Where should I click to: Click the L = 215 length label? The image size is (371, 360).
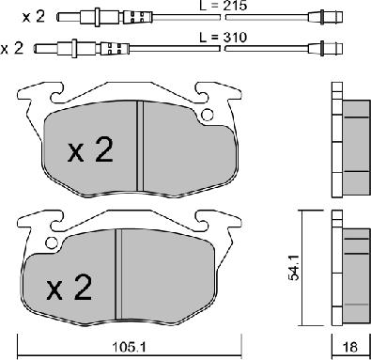223,6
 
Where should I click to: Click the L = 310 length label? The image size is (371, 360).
224,38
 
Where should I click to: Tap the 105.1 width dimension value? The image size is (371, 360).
130,347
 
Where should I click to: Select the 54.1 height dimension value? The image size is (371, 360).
294,267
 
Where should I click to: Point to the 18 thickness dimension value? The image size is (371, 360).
350,347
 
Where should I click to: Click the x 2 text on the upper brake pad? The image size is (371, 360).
90,150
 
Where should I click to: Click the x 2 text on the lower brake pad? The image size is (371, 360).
70,288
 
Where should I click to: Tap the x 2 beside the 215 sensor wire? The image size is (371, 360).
34,17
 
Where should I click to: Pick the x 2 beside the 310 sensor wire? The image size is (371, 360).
12,49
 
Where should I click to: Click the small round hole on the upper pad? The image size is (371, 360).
207,115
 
